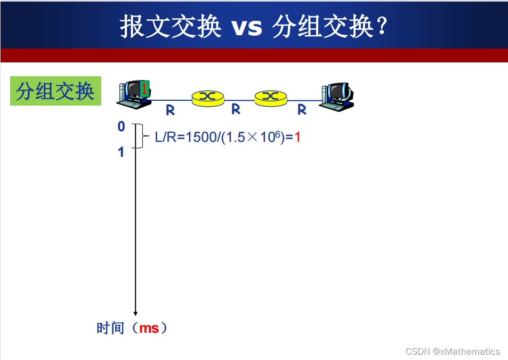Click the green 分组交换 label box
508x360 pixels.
coord(55,91)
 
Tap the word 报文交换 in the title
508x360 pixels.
coord(170,26)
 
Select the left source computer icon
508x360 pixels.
coord(133,94)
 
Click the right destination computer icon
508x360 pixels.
coord(337,97)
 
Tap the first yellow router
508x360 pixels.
coord(207,97)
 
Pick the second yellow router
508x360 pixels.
coord(271,97)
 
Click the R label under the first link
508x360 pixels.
coord(170,110)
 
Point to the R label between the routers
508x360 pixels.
coord(236,109)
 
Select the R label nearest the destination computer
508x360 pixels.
coord(302,110)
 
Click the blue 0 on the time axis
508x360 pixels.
coord(121,126)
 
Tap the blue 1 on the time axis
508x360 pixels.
coord(121,152)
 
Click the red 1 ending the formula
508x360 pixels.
coord(297,137)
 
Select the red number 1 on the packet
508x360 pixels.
coord(144,88)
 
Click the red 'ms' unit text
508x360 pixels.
coord(149,328)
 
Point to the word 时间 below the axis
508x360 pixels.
coord(110,328)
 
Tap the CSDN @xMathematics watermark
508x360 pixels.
coord(453,351)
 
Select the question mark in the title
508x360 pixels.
coord(381,27)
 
